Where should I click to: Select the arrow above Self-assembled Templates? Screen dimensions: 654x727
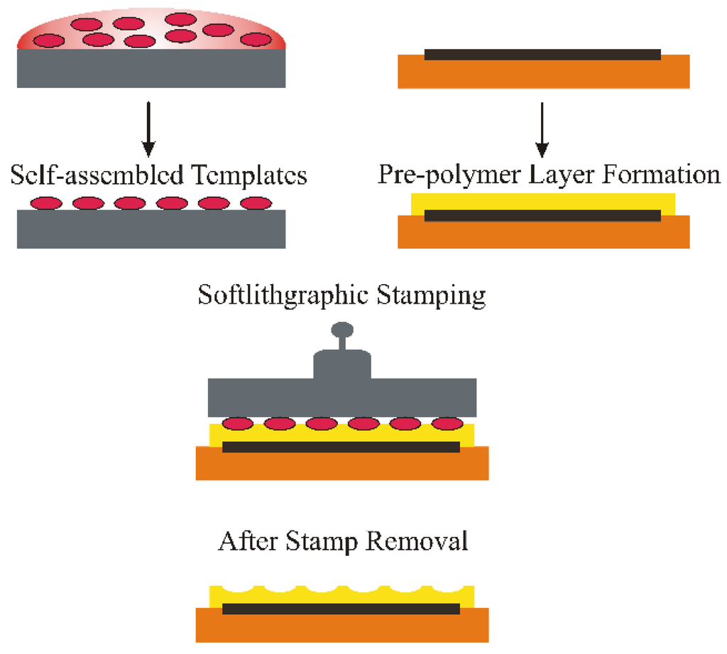point(148,129)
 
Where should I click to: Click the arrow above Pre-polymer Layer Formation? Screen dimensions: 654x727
point(542,129)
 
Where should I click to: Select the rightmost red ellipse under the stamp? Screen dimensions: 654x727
point(447,424)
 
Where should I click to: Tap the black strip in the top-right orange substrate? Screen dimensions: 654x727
point(542,54)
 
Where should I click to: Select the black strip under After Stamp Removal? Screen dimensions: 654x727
point(341,609)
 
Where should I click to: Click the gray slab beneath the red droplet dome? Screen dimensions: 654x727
point(151,68)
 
